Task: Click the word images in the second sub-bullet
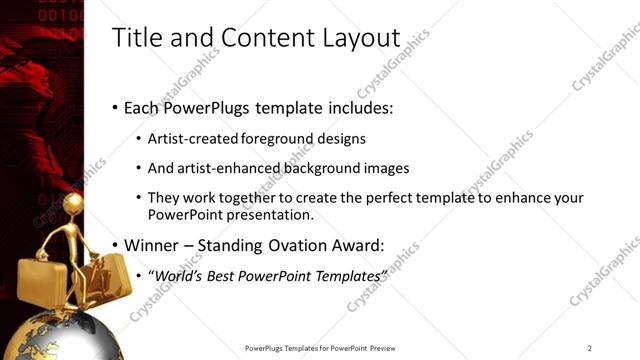tap(387, 168)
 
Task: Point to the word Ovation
tap(306, 244)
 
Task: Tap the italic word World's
tap(180, 274)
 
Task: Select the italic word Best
tap(226, 274)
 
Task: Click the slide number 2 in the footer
tap(590, 348)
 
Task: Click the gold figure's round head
tap(73, 203)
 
